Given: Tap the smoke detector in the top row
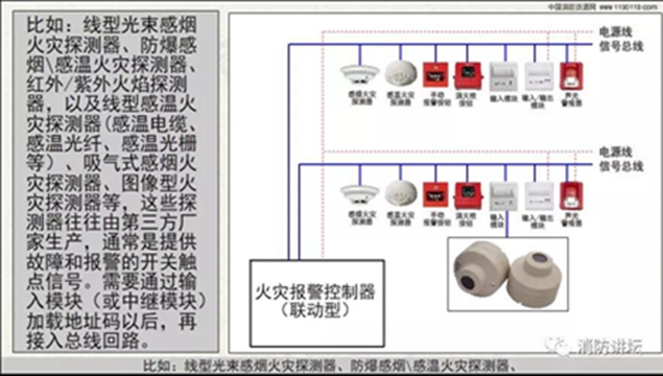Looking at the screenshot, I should pos(352,73).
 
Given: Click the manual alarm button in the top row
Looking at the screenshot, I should pos(435,73).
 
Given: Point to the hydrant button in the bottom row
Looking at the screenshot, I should pos(466,193).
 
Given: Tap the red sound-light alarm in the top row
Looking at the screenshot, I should pos(567,73).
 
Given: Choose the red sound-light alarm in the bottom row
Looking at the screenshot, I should pos(567,194).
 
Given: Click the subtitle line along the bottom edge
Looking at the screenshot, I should pos(331,366).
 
